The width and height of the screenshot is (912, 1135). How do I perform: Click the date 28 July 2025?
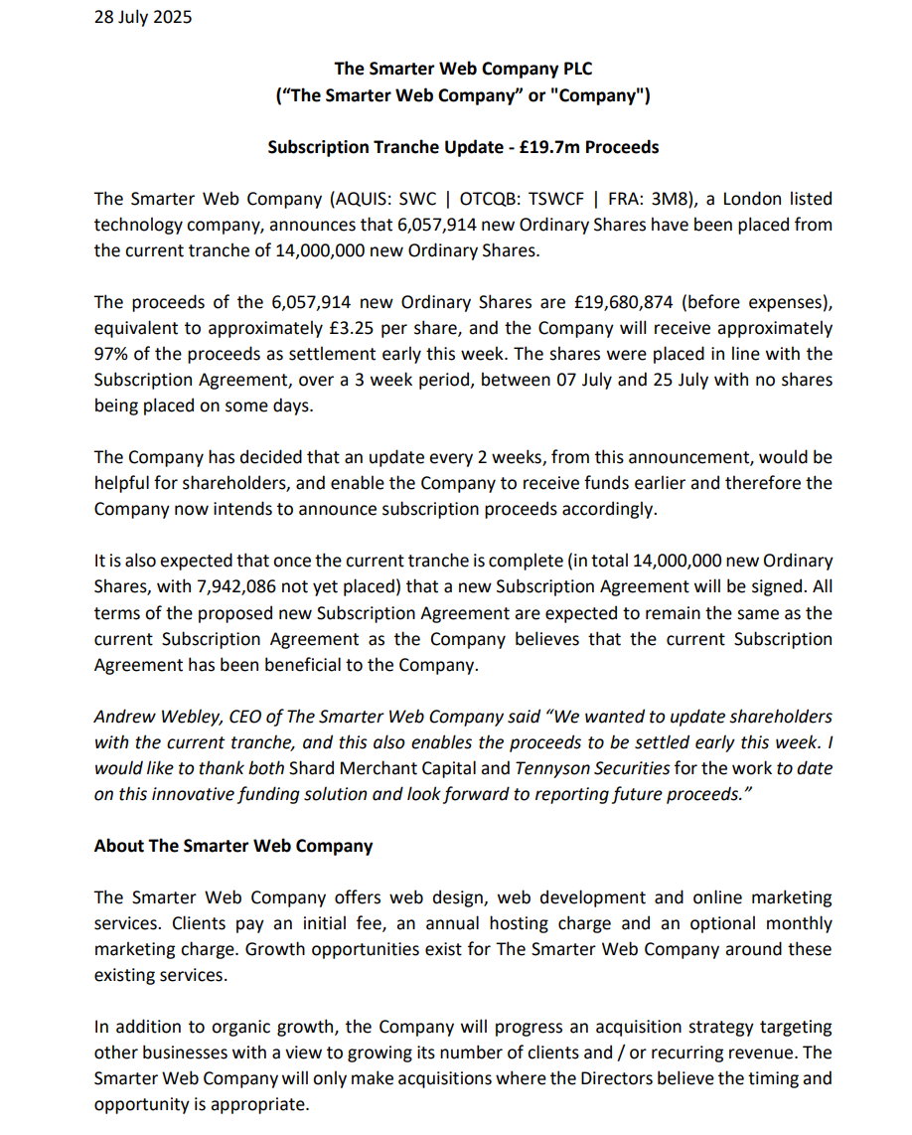click(143, 17)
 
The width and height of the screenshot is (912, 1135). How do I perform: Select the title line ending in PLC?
click(463, 69)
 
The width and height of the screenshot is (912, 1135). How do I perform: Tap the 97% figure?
click(114, 354)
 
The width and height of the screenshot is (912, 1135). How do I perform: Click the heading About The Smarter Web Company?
click(233, 846)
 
